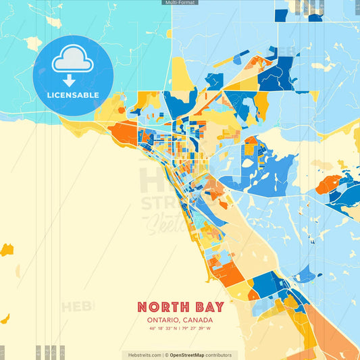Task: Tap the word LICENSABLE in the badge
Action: click(73, 95)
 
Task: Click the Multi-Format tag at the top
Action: click(180, 3)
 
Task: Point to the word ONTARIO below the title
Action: click(163, 320)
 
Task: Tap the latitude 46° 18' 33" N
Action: click(164, 329)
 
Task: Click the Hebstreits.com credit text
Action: click(143, 355)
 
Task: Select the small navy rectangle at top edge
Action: click(281, 15)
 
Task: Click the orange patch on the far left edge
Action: click(6, 250)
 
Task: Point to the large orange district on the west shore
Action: click(122, 132)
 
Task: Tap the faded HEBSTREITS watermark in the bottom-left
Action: click(78, 307)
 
